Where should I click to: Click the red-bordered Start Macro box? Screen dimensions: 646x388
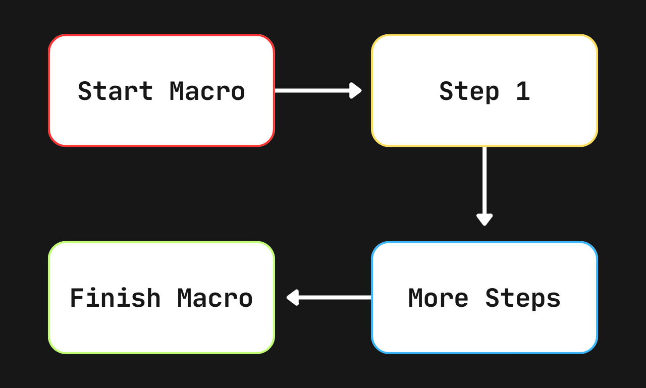pyautogui.click(x=161, y=90)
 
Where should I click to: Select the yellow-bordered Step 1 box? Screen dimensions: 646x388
pyautogui.click(x=484, y=90)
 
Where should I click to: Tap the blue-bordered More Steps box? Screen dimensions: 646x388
pyautogui.click(x=484, y=298)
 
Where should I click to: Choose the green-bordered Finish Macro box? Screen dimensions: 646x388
pyautogui.click(x=161, y=298)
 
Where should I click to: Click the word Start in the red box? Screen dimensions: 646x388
pyautogui.click(x=116, y=91)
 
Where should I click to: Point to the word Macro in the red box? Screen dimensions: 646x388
pyautogui.click(x=207, y=91)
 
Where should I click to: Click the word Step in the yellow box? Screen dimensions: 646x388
pyautogui.click(x=469, y=92)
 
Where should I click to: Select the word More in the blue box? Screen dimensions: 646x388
pyautogui.click(x=439, y=298)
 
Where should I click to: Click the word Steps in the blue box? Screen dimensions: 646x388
pyautogui.click(x=523, y=299)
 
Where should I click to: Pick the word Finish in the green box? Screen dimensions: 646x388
pyautogui.click(x=116, y=298)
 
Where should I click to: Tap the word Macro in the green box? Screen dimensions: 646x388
pyautogui.click(x=215, y=298)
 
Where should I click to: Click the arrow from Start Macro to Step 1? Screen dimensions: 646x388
pyautogui.click(x=318, y=90)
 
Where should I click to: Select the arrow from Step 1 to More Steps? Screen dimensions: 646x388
pyautogui.click(x=484, y=186)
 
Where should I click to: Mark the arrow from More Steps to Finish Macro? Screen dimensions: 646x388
pyautogui.click(x=329, y=298)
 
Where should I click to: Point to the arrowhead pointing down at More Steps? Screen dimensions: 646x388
pyautogui.click(x=484, y=220)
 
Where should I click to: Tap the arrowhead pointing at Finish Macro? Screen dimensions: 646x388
pyautogui.click(x=292, y=298)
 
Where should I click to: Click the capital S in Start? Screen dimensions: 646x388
pyautogui.click(x=85, y=91)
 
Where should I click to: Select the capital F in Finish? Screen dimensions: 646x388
pyautogui.click(x=77, y=298)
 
